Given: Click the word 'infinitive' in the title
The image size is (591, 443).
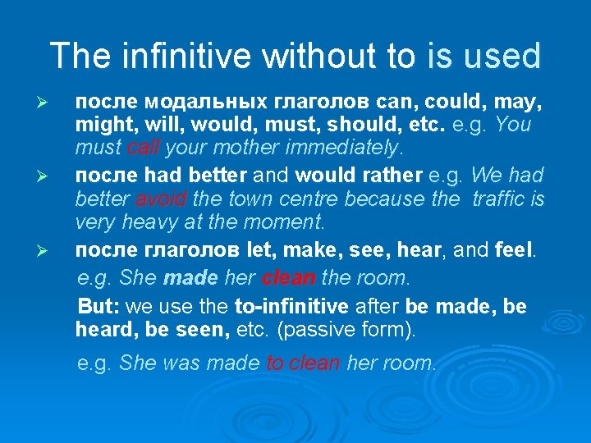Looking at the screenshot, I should point(171,56).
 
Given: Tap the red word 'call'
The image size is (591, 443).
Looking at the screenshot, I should point(144,148).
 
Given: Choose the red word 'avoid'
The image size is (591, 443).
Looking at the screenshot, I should point(162,199).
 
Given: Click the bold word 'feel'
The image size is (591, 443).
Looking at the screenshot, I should point(514,249).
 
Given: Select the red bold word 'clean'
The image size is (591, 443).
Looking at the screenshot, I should point(288,278).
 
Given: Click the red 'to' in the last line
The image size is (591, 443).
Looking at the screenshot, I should point(276,363).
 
